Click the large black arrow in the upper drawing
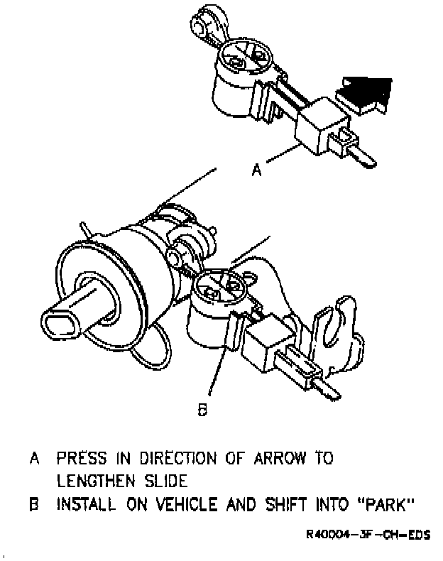[x=366, y=92]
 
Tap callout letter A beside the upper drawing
[x=258, y=170]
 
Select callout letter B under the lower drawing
[x=202, y=409]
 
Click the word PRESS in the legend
[x=83, y=458]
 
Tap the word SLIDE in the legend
[x=168, y=481]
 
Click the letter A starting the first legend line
[x=33, y=458]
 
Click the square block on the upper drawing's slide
[x=317, y=124]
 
